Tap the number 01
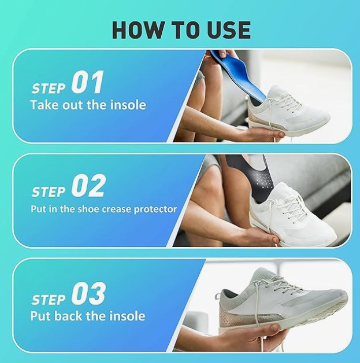(87, 82)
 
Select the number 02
(88, 185)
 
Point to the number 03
(88, 293)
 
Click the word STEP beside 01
(49, 88)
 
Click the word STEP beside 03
(49, 300)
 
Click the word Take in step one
(45, 105)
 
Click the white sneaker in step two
(294, 213)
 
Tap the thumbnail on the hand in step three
(275, 328)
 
